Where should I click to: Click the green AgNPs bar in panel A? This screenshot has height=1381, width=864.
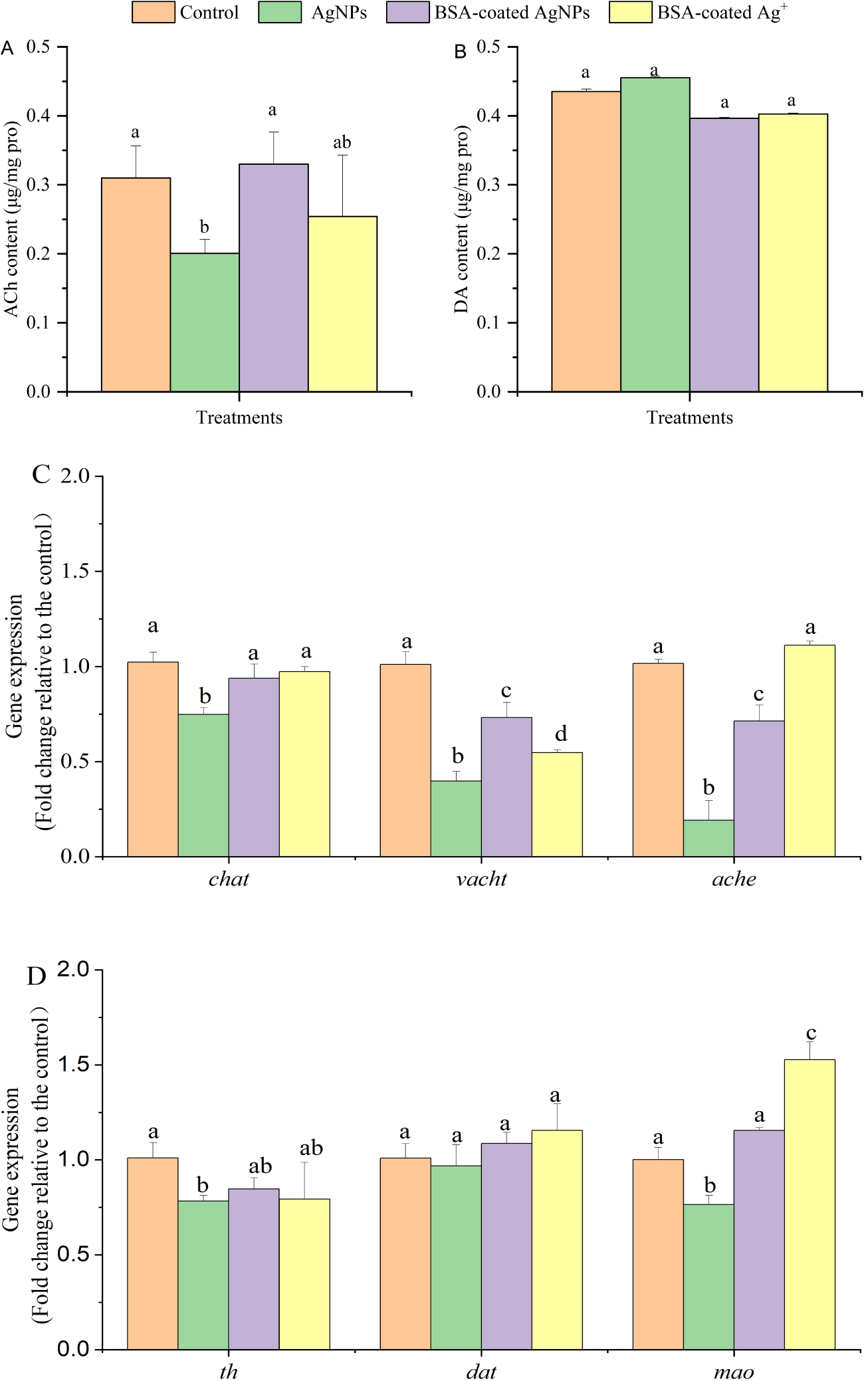pos(204,322)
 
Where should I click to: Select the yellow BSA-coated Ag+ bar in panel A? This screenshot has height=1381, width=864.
pos(342,304)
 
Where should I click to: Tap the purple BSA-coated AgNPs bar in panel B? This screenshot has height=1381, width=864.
pos(724,255)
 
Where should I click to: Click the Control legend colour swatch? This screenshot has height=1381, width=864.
pos(153,13)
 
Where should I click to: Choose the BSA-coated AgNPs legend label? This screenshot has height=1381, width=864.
pos(512,13)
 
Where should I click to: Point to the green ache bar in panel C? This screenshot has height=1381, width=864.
pos(708,838)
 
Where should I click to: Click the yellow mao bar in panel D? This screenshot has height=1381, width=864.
pos(810,1204)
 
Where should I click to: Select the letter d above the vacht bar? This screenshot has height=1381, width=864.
pos(561,734)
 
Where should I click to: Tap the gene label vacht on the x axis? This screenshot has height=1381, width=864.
pos(481,879)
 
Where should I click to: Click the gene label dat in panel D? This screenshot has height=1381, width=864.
pos(481,1372)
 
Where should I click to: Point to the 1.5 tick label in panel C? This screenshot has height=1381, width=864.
pos(75,572)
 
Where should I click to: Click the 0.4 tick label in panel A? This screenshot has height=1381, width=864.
pos(38,116)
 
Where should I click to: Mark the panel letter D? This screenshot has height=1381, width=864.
pos(37,976)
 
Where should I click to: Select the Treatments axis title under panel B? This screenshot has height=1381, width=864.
pos(689,417)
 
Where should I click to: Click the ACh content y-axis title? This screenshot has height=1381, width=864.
pos(12,219)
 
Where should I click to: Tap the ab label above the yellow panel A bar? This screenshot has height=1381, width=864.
pos(342,142)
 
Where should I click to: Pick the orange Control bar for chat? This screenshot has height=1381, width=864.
pos(153,759)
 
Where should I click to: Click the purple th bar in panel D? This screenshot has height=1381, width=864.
pos(253,1268)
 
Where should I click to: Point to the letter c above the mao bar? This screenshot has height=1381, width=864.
pos(811,1033)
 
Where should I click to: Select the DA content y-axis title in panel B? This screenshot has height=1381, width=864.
pos(462,219)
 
